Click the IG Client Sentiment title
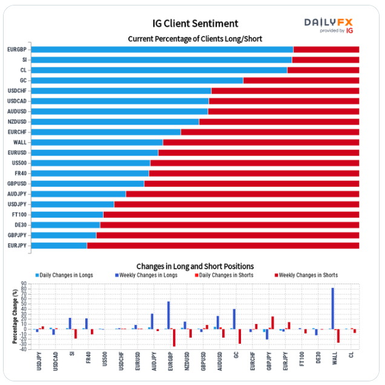click(x=195, y=24)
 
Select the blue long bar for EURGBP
click(x=162, y=50)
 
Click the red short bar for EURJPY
click(x=223, y=245)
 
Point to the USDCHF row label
click(x=17, y=91)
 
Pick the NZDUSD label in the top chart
click(x=17, y=122)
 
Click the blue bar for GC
click(x=137, y=81)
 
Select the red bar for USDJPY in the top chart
click(x=236, y=204)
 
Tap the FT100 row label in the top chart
click(x=19, y=214)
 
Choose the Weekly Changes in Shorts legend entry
click(x=308, y=275)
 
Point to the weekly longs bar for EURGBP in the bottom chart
click(x=168, y=315)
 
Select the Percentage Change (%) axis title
click(x=14, y=315)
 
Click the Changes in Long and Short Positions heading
click(x=195, y=266)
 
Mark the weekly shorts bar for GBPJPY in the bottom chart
click(x=272, y=323)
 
